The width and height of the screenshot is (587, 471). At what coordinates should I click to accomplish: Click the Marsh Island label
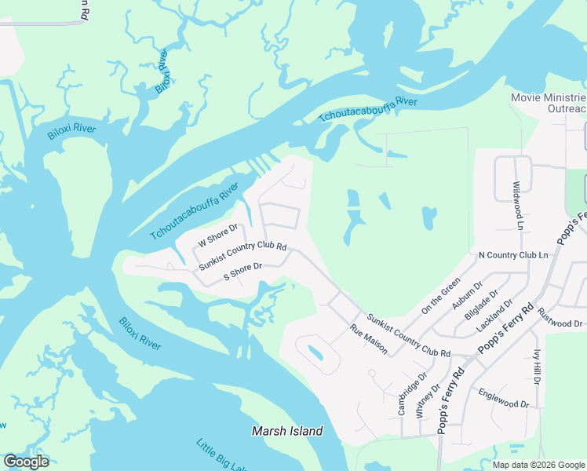click(x=287, y=431)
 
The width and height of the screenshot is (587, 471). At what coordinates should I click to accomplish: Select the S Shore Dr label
click(x=242, y=271)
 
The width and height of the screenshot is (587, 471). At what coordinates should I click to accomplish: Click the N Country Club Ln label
click(x=513, y=255)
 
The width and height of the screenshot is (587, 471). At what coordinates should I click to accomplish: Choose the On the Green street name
click(x=440, y=296)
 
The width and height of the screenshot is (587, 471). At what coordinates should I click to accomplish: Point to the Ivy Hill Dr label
click(x=537, y=367)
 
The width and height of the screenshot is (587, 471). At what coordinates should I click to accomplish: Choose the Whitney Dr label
click(x=425, y=396)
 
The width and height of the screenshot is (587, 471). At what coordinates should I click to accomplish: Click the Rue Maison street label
click(x=368, y=338)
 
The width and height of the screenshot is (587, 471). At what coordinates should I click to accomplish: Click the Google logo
click(x=26, y=462)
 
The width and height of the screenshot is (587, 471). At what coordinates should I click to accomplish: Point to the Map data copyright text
click(x=538, y=465)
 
